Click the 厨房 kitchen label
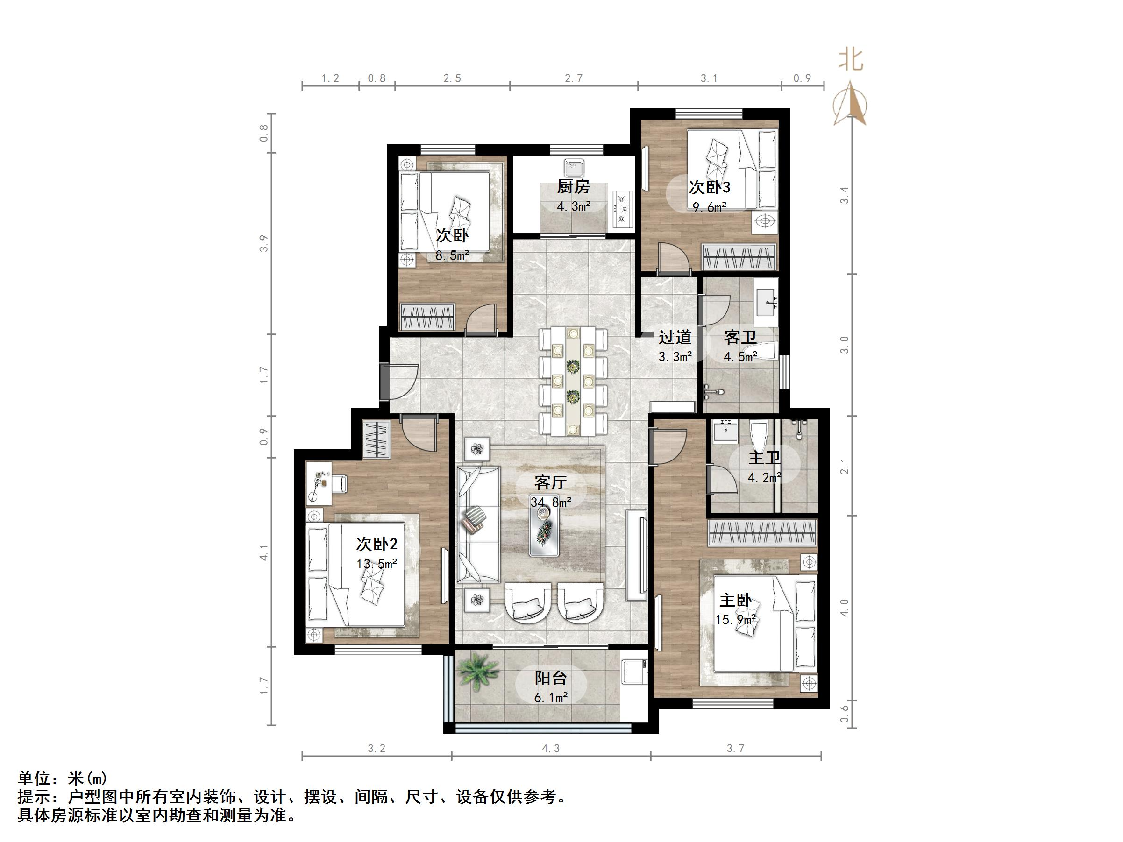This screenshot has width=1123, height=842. coord(573,187)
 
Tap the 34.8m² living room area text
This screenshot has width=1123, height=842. coord(551,502)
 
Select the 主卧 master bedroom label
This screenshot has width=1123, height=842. coord(735,601)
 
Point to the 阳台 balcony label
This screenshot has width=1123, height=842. coord(550,678)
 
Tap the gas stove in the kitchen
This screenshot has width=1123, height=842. coord(622,208)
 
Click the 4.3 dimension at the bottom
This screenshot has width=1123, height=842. coord(550,748)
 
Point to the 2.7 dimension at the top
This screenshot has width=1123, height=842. coord(574,78)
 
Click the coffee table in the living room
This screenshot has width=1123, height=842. coord(545,531)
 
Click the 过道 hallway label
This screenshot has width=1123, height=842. coord(675,337)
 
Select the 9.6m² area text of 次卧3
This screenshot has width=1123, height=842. coord(710,207)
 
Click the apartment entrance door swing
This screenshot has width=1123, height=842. coord(401,381)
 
